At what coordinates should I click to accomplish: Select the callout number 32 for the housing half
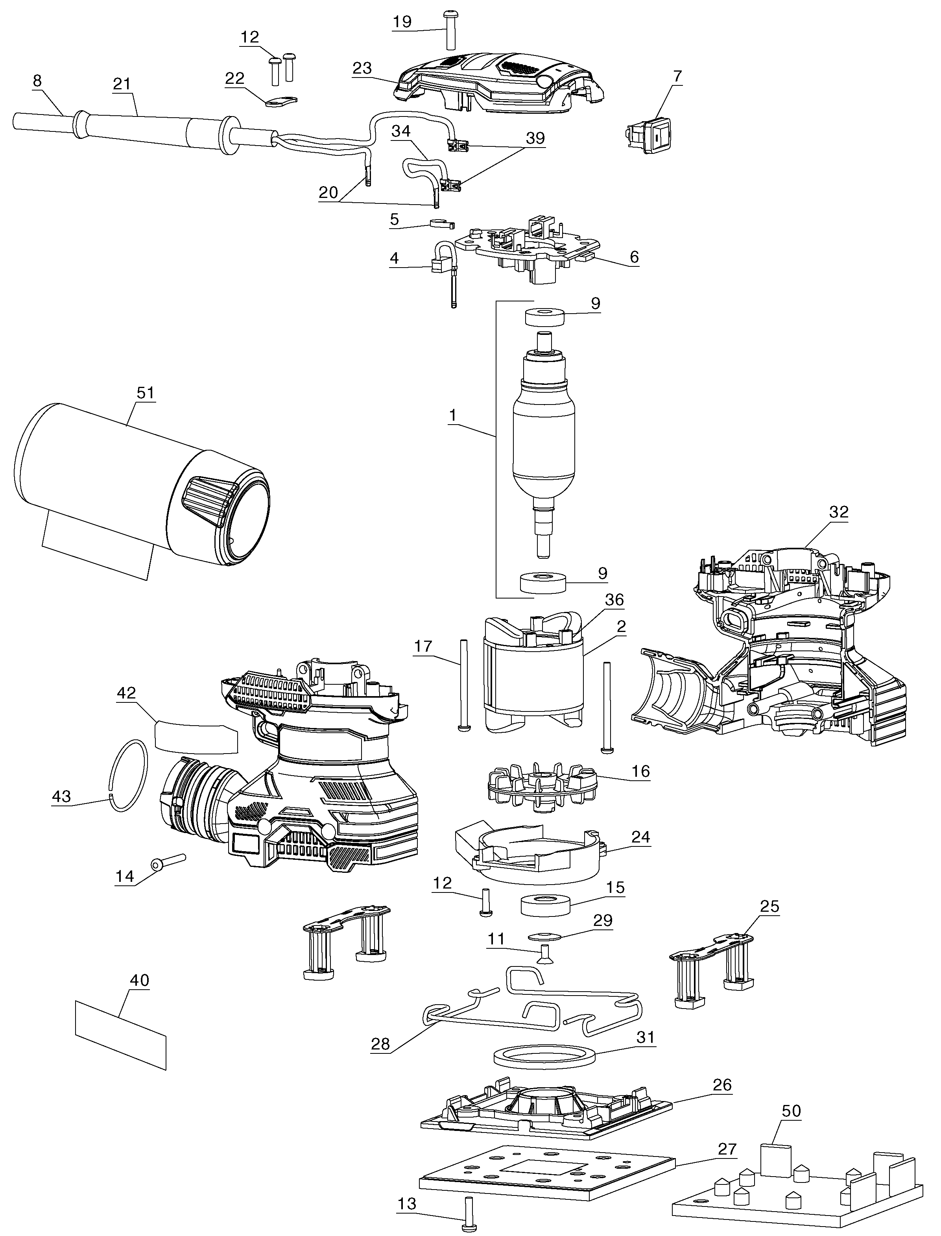[x=838, y=512]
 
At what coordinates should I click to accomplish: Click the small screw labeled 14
[x=165, y=862]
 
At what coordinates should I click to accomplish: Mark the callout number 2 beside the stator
[x=621, y=626]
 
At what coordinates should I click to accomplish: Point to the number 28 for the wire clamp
[x=381, y=1044]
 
